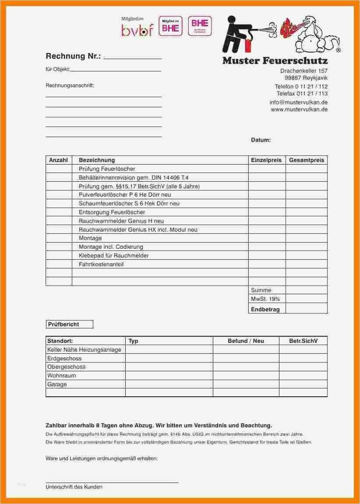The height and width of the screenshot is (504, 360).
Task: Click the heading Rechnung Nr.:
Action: [x=73, y=56]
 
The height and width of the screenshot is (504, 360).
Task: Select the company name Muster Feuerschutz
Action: [x=275, y=60]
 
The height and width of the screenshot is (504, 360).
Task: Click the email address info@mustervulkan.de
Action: [x=298, y=102]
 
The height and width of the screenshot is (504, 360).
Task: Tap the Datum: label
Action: [x=261, y=140]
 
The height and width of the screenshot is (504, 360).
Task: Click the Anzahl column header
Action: [x=58, y=160]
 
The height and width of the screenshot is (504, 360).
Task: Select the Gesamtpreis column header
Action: [x=307, y=160]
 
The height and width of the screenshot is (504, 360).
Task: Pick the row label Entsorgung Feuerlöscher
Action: [x=112, y=212]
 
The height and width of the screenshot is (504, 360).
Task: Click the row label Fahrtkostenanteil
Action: [x=101, y=264]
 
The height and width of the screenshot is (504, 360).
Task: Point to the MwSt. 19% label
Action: [x=265, y=299]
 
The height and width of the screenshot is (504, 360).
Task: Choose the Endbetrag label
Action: [x=265, y=309]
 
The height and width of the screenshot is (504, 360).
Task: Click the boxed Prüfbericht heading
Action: [x=69, y=324]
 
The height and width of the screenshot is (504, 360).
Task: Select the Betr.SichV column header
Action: [x=303, y=341]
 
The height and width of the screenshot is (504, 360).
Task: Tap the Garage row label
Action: [x=57, y=384]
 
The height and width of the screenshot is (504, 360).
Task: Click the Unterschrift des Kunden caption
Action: [x=74, y=487]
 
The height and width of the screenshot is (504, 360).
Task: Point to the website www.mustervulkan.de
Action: [x=299, y=109]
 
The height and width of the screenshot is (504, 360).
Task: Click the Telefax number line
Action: [x=302, y=94]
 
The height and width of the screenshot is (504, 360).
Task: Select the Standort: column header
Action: [x=60, y=341]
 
